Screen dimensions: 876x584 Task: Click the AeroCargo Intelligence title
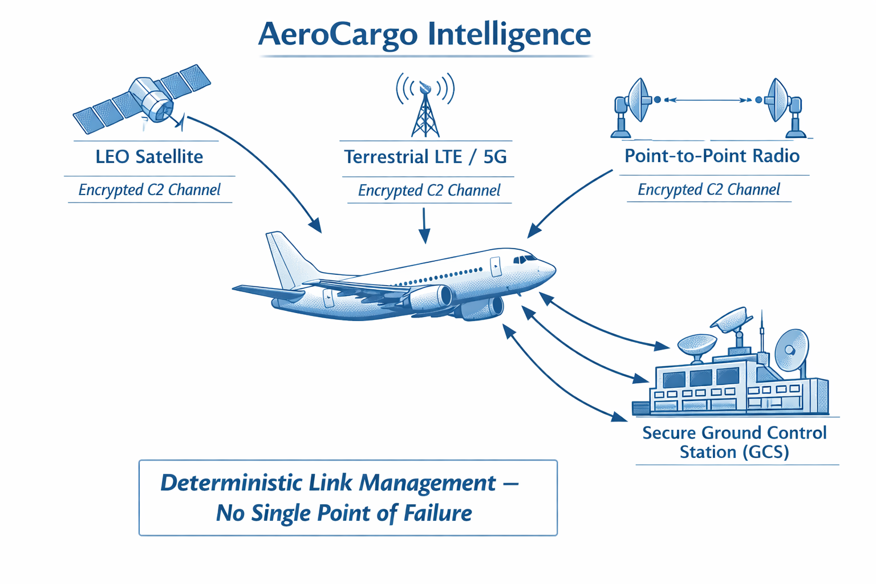pyautogui.click(x=424, y=34)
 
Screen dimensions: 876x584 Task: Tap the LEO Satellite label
pyautogui.click(x=149, y=157)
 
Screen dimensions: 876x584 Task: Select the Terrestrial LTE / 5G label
pyautogui.click(x=425, y=157)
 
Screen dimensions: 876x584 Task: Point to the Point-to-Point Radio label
pyautogui.click(x=712, y=156)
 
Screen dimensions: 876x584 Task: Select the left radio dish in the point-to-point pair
pyautogui.click(x=636, y=103)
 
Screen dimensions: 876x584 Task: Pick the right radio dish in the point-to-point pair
pyautogui.click(x=781, y=103)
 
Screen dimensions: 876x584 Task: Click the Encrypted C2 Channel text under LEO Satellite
pyautogui.click(x=149, y=190)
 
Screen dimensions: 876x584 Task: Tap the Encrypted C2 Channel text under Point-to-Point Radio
pyautogui.click(x=708, y=190)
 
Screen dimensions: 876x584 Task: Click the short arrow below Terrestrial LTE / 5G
pyautogui.click(x=424, y=225)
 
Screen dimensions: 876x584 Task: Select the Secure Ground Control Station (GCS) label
pyautogui.click(x=735, y=443)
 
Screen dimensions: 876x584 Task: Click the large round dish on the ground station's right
pyautogui.click(x=792, y=349)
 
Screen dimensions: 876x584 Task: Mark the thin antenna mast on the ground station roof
pyautogui.click(x=761, y=334)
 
